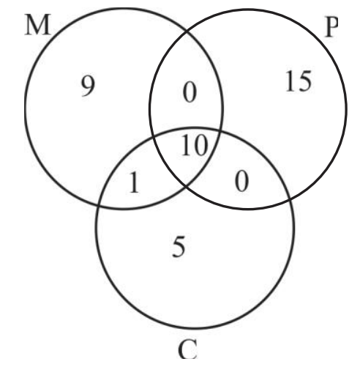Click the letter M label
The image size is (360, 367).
[x=38, y=25]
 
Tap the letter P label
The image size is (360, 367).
[x=331, y=27]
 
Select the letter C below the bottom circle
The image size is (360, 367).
[x=187, y=349]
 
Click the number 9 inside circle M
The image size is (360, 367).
[x=88, y=86]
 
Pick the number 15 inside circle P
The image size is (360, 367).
[x=299, y=81]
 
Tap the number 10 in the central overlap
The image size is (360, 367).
[x=195, y=146]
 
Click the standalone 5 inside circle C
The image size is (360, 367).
[x=179, y=248]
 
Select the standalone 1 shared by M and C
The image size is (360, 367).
[x=134, y=182]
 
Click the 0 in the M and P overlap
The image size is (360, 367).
[x=190, y=92]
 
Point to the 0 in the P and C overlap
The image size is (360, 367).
[x=241, y=181]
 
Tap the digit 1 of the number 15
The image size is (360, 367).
[x=290, y=81]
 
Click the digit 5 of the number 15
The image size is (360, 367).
[x=304, y=81]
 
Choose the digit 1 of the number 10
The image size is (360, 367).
[x=187, y=146]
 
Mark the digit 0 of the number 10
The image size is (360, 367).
[x=201, y=146]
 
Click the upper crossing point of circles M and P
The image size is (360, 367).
[x=187, y=32]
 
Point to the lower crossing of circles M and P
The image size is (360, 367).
[x=186, y=185]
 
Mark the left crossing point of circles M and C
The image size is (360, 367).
[x=99, y=204]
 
